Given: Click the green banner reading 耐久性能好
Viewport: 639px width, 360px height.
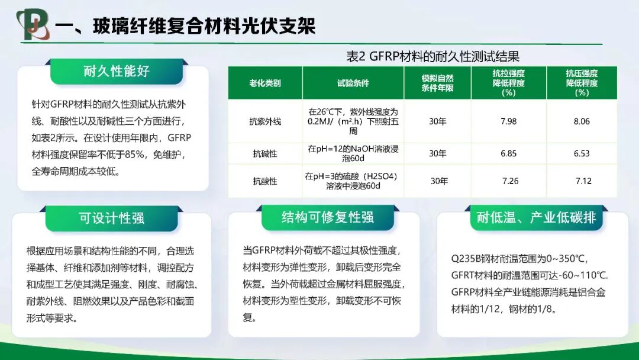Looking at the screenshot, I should tap(116, 71).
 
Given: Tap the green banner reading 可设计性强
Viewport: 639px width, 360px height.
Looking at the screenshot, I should tap(112, 218).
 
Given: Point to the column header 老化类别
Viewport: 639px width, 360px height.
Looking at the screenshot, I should tap(264, 83).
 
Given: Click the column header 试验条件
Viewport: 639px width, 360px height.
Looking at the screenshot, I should tap(353, 83).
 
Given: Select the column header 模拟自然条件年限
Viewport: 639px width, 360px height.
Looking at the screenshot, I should tap(437, 83).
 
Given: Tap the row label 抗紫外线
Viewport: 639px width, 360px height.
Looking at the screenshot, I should tap(264, 121).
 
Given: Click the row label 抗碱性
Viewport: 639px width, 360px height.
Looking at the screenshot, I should tap(264, 154).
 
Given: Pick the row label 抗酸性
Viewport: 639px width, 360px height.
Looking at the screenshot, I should tap(264, 181).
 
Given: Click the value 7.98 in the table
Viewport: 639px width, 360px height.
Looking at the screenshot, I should tap(508, 121).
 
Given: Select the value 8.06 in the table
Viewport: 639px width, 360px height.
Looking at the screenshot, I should tap(582, 121).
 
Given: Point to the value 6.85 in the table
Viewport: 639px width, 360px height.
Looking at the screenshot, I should tap(508, 154).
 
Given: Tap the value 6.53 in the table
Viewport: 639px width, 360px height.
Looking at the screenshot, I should tap(582, 154).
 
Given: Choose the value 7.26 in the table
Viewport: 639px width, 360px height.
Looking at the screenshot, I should tap(510, 181).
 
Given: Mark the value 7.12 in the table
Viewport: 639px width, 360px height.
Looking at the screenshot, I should tap(583, 181).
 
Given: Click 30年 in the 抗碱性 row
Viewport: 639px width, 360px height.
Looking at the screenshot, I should tap(437, 154).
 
